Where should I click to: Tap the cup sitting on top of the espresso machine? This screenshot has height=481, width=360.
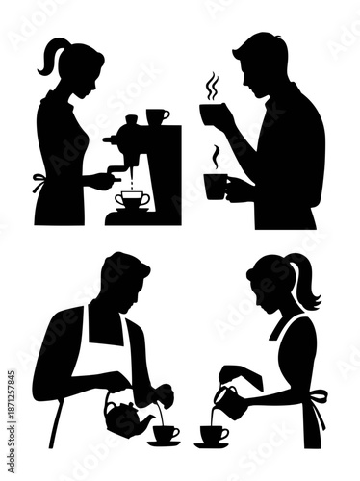(x=157, y=116)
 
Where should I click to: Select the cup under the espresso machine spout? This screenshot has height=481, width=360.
(x=132, y=199)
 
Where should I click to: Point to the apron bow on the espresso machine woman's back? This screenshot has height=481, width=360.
(x=39, y=180)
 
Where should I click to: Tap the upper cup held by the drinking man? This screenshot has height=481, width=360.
(x=214, y=114)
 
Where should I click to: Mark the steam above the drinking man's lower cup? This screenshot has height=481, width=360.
(x=217, y=157)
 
